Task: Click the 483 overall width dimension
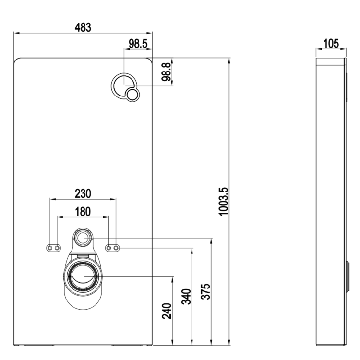click(x=83, y=27)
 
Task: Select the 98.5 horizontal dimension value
click(x=138, y=44)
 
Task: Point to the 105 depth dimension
click(x=330, y=44)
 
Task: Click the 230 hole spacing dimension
click(x=83, y=193)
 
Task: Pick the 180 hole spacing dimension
click(x=83, y=211)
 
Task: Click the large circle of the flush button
click(x=123, y=86)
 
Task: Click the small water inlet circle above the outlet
click(x=83, y=237)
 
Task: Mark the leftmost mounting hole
click(x=50, y=248)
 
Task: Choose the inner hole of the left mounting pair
click(x=58, y=248)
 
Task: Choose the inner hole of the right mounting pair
click(x=108, y=248)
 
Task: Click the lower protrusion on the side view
click(x=347, y=276)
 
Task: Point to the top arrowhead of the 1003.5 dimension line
click(x=229, y=60)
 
